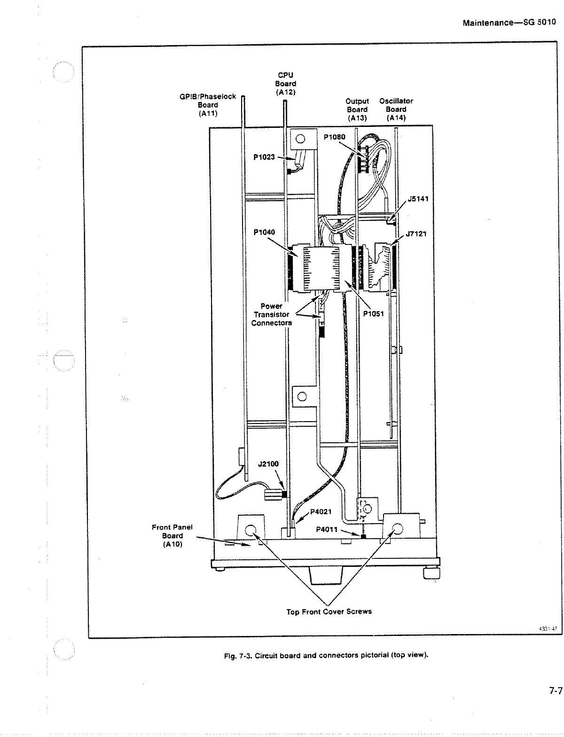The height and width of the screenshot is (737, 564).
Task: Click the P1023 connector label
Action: pyautogui.click(x=264, y=157)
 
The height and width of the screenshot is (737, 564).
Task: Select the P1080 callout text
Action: pyautogui.click(x=335, y=137)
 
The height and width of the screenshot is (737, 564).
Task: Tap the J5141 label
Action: pyautogui.click(x=418, y=199)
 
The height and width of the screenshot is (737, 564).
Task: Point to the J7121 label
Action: pyautogui.click(x=416, y=234)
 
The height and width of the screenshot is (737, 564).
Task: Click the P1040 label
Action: pyautogui.click(x=264, y=232)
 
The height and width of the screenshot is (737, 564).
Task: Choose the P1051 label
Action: pyautogui.click(x=374, y=314)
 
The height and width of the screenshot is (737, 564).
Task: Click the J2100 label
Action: pyautogui.click(x=268, y=464)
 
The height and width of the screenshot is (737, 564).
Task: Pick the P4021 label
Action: pyautogui.click(x=321, y=512)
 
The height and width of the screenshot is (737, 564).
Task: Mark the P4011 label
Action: pyautogui.click(x=327, y=529)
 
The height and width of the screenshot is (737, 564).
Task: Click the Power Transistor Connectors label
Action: pyautogui.click(x=271, y=314)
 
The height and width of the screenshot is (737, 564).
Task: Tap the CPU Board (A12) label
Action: pyautogui.click(x=285, y=84)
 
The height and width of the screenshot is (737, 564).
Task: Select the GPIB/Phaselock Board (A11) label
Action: pyautogui.click(x=208, y=105)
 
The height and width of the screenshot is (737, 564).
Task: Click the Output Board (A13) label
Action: pyautogui.click(x=357, y=110)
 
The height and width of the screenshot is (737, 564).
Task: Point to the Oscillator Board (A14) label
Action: pyautogui.click(x=396, y=110)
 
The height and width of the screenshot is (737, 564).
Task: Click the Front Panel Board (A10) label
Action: pyautogui.click(x=172, y=536)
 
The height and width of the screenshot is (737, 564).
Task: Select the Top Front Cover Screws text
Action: pyautogui.click(x=329, y=612)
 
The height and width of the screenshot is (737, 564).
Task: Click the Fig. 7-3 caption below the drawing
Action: pyautogui.click(x=327, y=656)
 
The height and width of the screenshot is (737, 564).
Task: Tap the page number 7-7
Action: pyautogui.click(x=556, y=691)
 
